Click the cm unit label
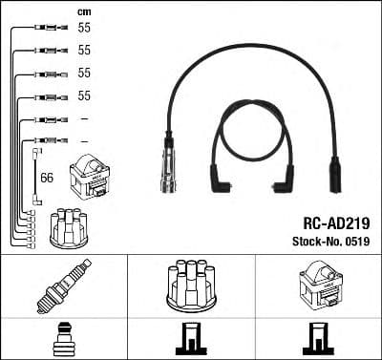(84, 11)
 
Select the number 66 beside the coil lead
(47, 178)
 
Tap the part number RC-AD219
(336, 223)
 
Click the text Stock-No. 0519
(331, 242)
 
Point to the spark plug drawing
(64, 286)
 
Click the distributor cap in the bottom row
(191, 286)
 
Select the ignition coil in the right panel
(319, 284)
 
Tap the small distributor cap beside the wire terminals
(69, 227)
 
